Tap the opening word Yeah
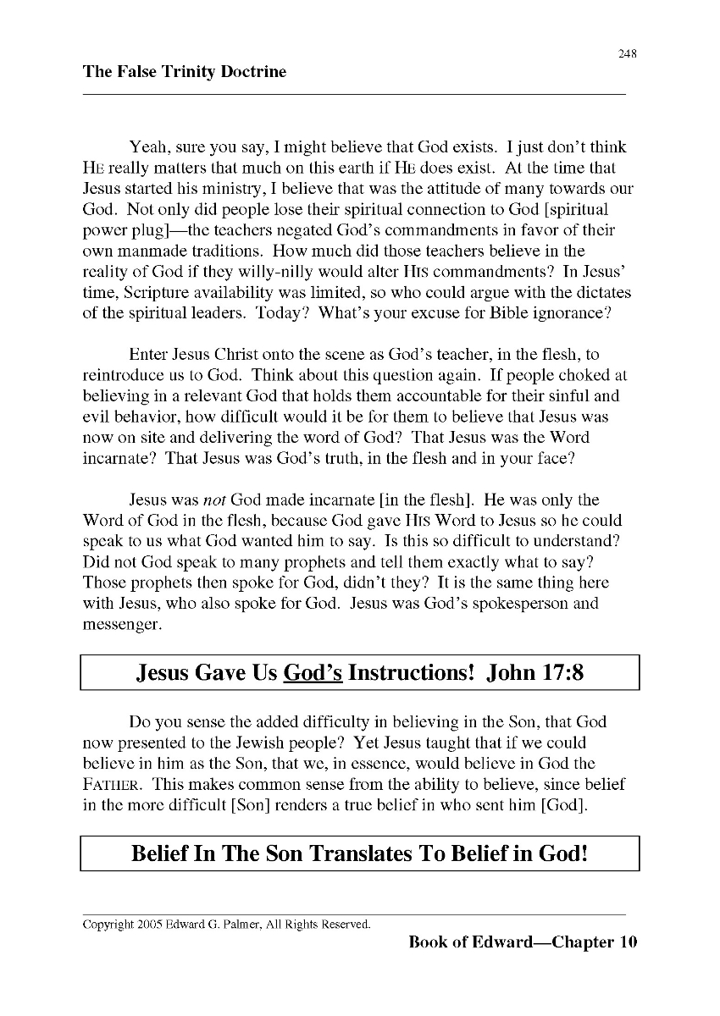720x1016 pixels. [x=147, y=147]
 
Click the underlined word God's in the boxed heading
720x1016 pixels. [x=313, y=673]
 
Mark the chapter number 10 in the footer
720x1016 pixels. [x=627, y=941]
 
